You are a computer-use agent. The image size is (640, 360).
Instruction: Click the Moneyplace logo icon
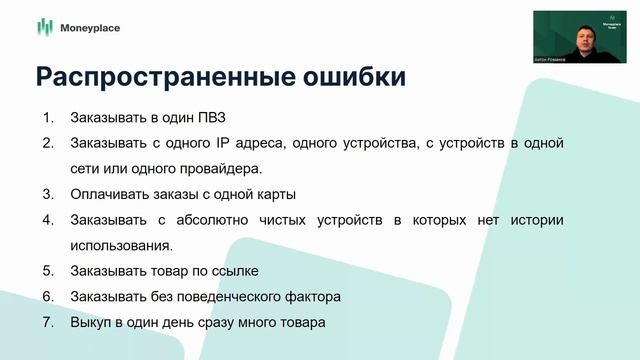point(43,28)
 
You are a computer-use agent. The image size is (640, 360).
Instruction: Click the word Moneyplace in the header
point(90,28)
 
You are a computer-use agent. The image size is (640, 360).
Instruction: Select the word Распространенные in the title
point(151,77)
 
